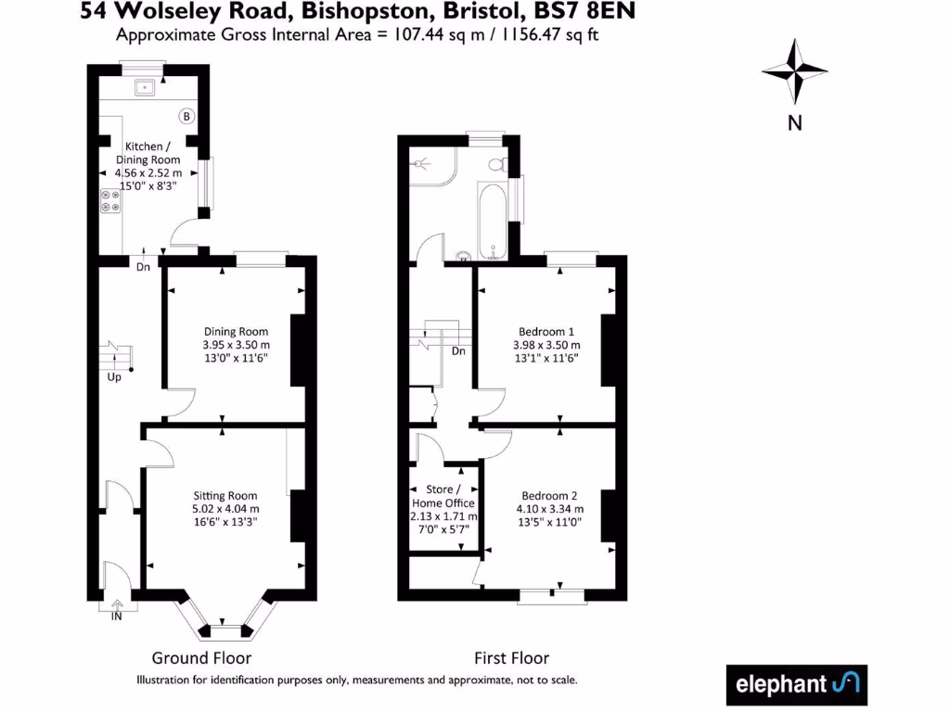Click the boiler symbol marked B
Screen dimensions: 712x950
tap(186, 117)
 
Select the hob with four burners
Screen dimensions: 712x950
tap(110, 201)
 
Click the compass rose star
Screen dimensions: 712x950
tap(794, 71)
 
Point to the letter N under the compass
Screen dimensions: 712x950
tap(794, 122)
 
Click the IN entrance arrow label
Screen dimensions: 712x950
tap(117, 616)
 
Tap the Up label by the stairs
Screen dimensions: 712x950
tap(114, 378)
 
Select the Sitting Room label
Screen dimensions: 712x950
tap(225, 496)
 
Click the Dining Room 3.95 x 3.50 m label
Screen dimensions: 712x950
tap(236, 344)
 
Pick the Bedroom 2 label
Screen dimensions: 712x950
tap(549, 495)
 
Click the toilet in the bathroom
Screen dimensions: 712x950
tap(498, 165)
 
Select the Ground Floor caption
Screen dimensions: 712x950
tap(201, 658)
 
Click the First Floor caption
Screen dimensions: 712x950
tap(511, 658)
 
